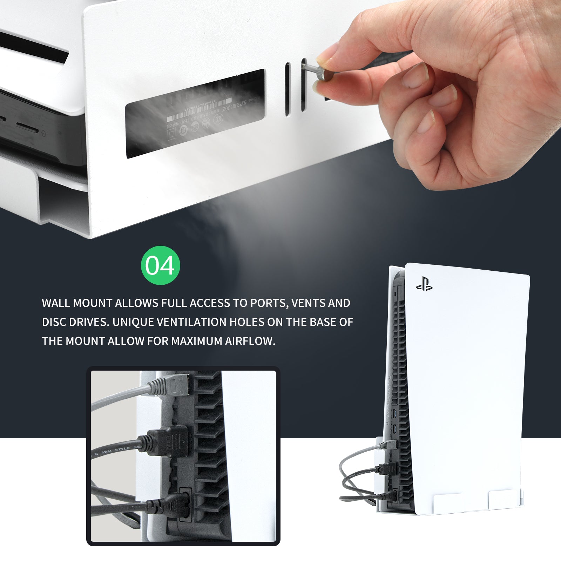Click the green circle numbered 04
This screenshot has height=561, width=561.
click(160, 265)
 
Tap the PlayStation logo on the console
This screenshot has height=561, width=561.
click(424, 284)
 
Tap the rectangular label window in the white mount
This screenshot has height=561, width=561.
click(195, 113)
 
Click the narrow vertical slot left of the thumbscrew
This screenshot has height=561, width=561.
click(288, 89)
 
